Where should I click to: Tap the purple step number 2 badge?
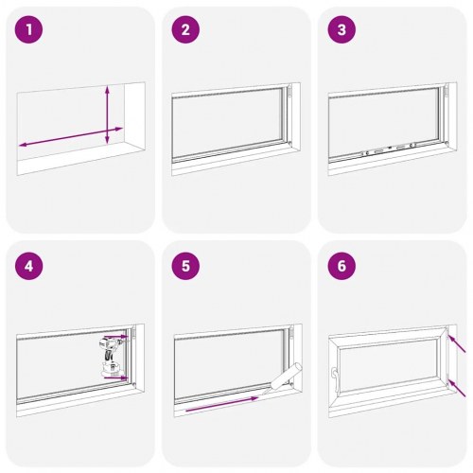(x=185, y=30)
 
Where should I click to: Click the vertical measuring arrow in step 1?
(x=107, y=114)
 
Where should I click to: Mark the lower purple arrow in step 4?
(x=117, y=377)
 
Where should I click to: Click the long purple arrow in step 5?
(x=221, y=405)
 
